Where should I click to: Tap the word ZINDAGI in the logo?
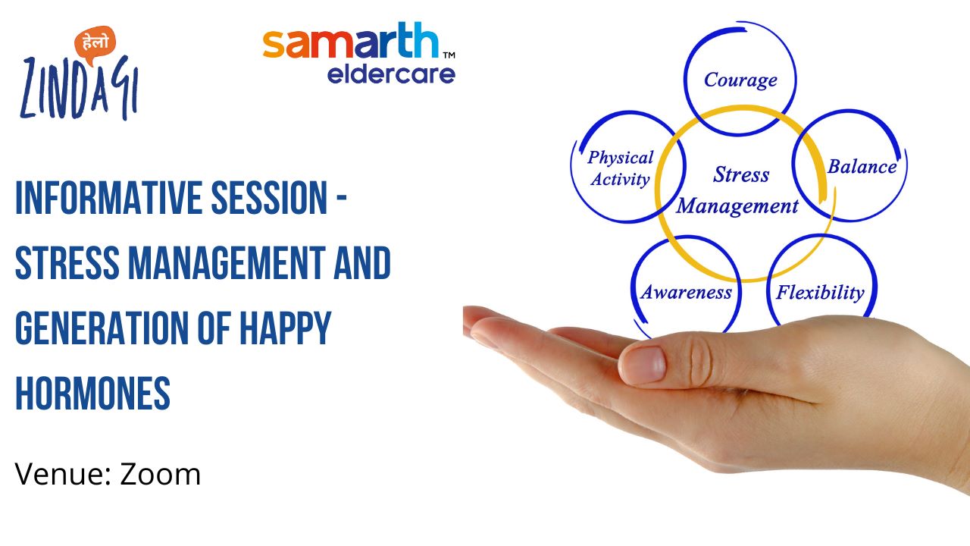tap(80, 89)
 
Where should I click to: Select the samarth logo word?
tap(351, 40)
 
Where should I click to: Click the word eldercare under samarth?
tap(391, 74)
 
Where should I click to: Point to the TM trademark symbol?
tap(449, 55)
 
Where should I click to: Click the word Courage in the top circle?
tap(740, 80)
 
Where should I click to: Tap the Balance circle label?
tap(862, 166)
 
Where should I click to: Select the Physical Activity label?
tap(621, 168)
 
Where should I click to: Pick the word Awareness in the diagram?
tap(687, 292)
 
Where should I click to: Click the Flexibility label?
tap(820, 293)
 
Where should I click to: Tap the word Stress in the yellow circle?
tap(741, 174)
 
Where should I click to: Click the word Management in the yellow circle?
tap(737, 206)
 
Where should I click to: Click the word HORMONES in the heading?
tap(92, 393)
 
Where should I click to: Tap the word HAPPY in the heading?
tap(286, 328)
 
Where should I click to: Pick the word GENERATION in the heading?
tap(102, 328)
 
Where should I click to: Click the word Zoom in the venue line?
tap(160, 475)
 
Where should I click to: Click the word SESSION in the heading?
tap(268, 198)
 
